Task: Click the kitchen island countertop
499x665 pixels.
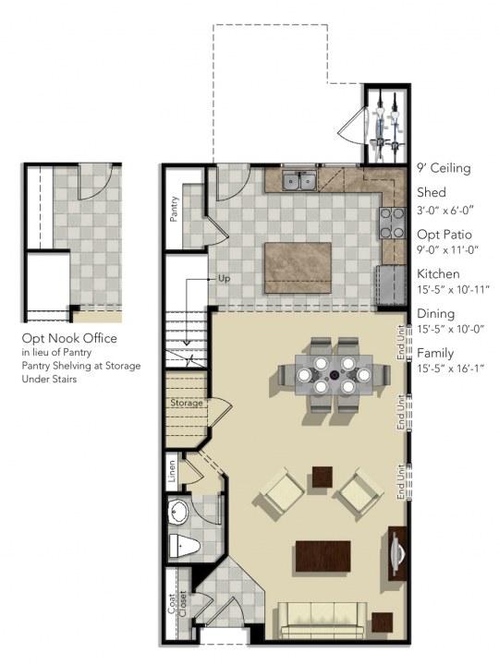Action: [x=298, y=267]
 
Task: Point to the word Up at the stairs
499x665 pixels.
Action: [x=224, y=277]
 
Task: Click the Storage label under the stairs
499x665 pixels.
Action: [x=186, y=403]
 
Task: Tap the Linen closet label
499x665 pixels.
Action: [x=173, y=472]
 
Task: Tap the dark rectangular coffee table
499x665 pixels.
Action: [x=323, y=557]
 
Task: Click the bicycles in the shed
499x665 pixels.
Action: [x=385, y=125]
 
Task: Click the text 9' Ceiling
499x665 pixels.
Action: [x=444, y=168]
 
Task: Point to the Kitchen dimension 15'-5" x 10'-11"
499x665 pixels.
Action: [x=453, y=289]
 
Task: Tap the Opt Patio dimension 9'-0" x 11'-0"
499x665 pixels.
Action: [x=452, y=249]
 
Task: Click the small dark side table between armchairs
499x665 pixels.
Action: [x=322, y=477]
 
